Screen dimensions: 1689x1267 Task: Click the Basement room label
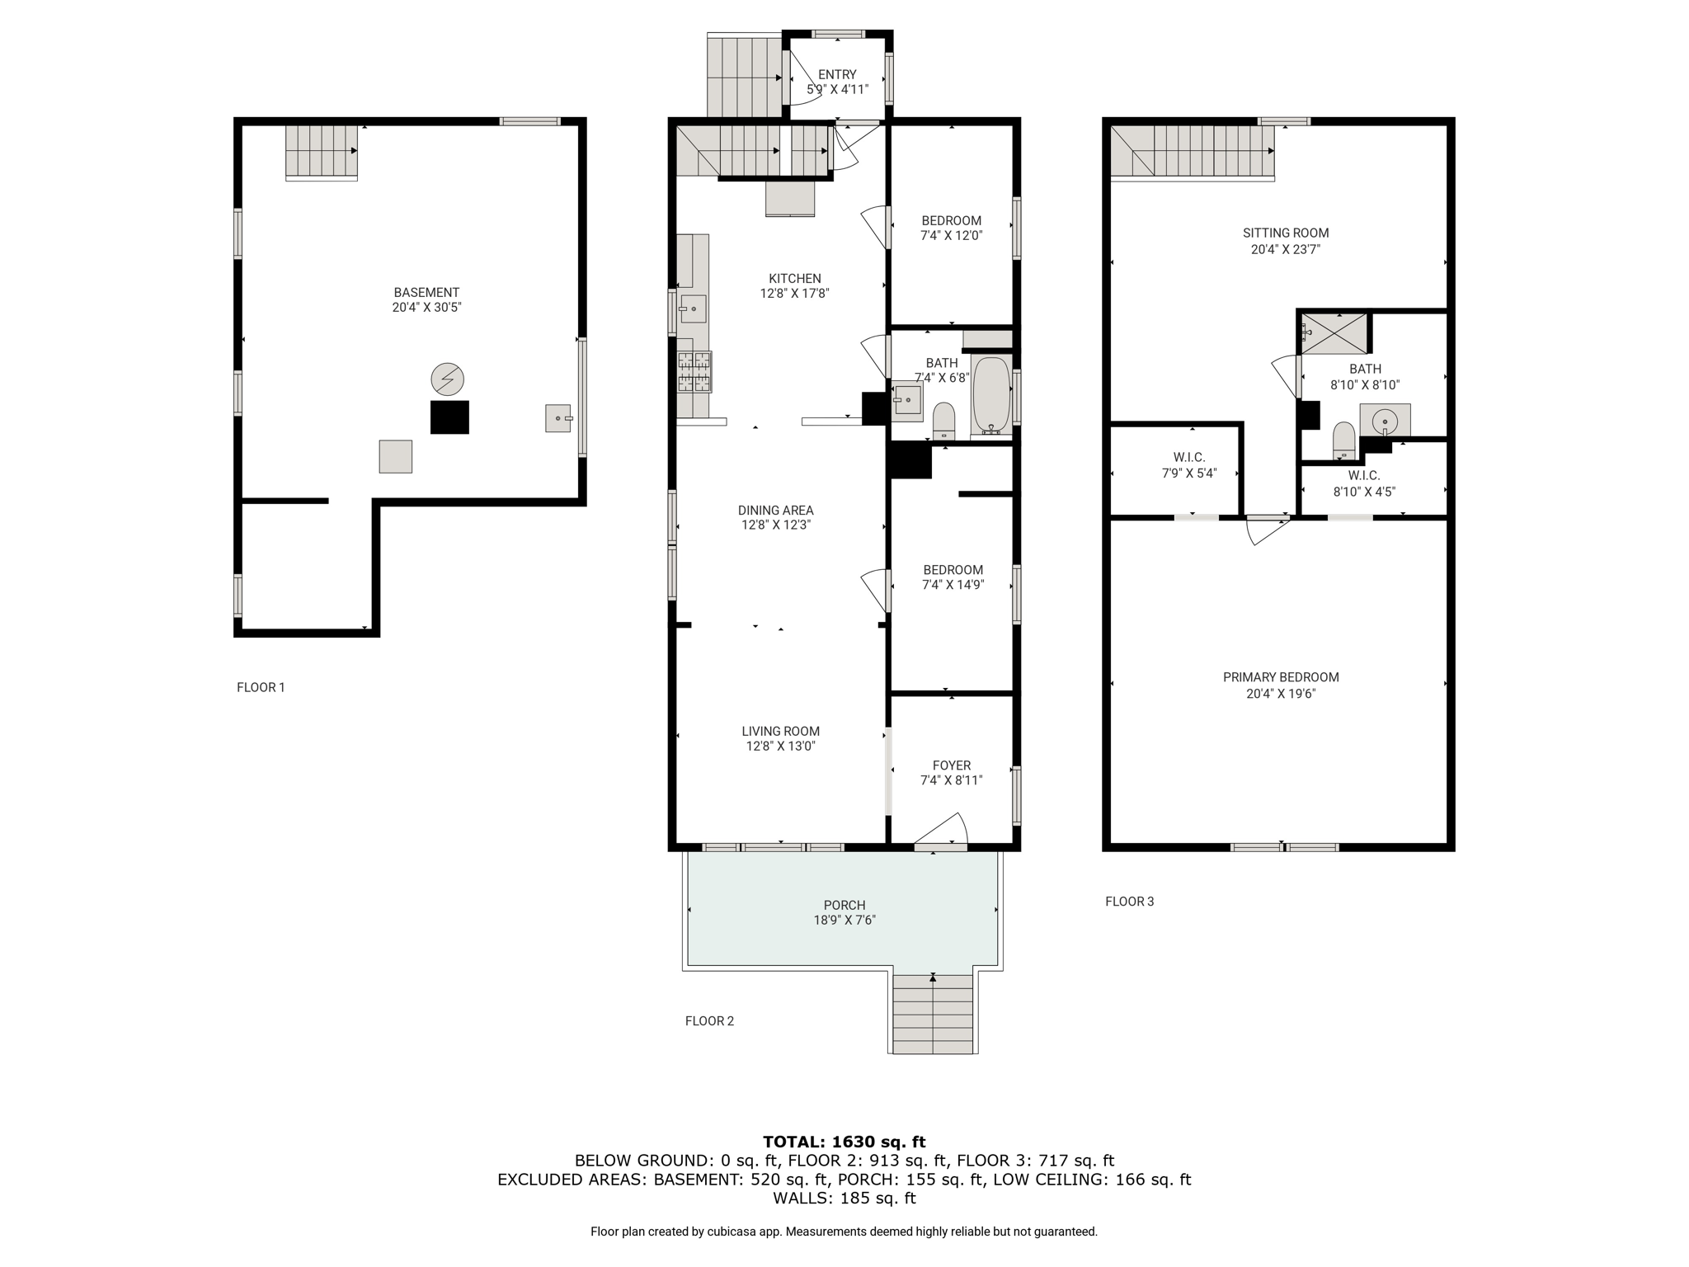pos(426,292)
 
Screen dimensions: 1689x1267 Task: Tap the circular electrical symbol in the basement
pos(448,379)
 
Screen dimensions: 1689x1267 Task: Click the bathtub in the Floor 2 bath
pos(991,395)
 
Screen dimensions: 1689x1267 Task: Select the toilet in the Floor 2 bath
pos(943,420)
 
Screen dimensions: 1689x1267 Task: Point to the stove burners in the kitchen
pos(694,371)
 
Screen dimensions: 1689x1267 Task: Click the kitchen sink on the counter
pos(693,309)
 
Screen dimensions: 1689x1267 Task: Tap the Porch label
pos(844,905)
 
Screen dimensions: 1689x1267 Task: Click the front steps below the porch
pos(934,1014)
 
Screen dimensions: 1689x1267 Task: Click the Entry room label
pos(837,74)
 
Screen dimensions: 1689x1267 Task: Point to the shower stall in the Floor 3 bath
pos(1334,333)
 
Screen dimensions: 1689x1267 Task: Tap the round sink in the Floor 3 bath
pos(1385,421)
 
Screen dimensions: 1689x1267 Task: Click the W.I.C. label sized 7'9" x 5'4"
pos(1189,457)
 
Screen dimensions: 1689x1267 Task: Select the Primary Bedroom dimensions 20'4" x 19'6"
pos(1281,694)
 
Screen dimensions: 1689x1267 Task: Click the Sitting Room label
pos(1286,233)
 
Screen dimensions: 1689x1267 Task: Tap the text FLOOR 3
pos(1130,902)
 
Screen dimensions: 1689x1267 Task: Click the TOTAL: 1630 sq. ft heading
pos(844,1142)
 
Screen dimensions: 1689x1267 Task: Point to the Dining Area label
pos(776,510)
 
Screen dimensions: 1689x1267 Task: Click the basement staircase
pos(322,152)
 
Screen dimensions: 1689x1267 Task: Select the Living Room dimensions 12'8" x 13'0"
pos(781,747)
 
